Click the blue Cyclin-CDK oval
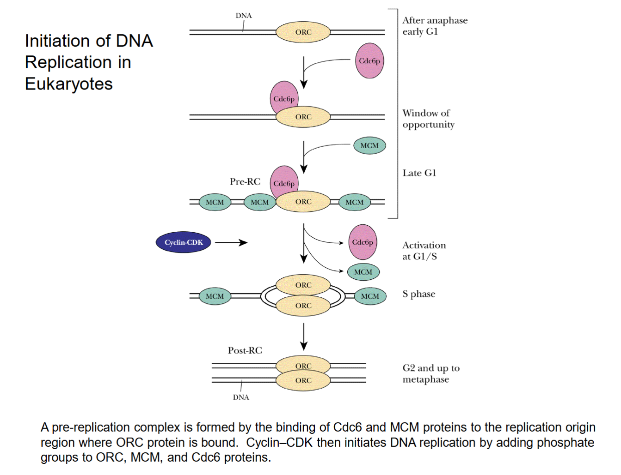[183, 242]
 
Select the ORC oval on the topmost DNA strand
[303, 32]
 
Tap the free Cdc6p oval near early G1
[369, 61]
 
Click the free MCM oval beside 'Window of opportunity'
[369, 145]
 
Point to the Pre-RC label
[245, 182]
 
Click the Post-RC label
[245, 350]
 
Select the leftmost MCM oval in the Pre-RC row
[215, 202]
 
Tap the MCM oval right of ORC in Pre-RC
[354, 202]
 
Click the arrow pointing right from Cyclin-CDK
[231, 242]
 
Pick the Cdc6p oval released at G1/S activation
[363, 242]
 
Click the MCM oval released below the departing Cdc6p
[363, 272]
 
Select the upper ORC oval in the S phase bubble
[303, 285]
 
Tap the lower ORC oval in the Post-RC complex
[303, 380]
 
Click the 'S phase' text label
[418, 294]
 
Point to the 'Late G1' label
[419, 173]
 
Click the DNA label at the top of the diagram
[244, 16]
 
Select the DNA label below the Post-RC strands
[241, 397]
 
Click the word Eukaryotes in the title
[69, 84]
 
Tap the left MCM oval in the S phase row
[215, 296]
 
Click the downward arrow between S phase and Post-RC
[303, 337]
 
